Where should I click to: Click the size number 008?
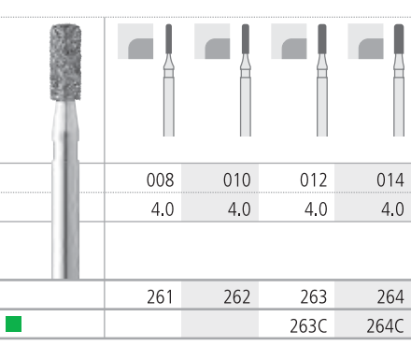(x=160, y=180)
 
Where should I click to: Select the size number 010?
(x=237, y=180)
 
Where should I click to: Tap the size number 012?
(x=314, y=180)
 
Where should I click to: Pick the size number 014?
(x=390, y=180)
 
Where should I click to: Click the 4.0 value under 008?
(x=163, y=209)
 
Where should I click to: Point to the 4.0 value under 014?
(x=392, y=209)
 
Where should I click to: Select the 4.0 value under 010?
(x=239, y=209)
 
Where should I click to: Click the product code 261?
(x=160, y=296)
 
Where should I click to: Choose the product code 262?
(x=237, y=296)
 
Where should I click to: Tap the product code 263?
(x=314, y=296)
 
